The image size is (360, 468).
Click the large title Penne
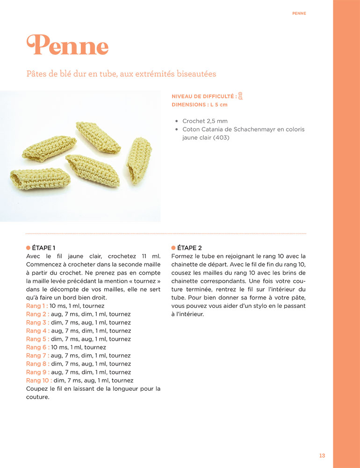click(x=68, y=45)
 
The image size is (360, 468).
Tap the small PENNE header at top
click(x=299, y=14)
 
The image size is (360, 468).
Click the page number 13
click(x=322, y=455)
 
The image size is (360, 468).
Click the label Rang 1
click(x=37, y=306)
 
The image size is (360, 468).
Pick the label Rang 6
click(x=37, y=347)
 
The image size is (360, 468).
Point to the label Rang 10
click(x=39, y=380)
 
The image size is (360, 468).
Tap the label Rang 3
click(x=37, y=322)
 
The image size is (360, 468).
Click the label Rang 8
click(x=37, y=364)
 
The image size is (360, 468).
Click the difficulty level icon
click(x=240, y=96)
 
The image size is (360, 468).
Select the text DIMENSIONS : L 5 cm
click(x=200, y=105)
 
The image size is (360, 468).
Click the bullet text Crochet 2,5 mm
click(x=205, y=121)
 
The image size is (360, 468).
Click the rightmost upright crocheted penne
click(x=139, y=160)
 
